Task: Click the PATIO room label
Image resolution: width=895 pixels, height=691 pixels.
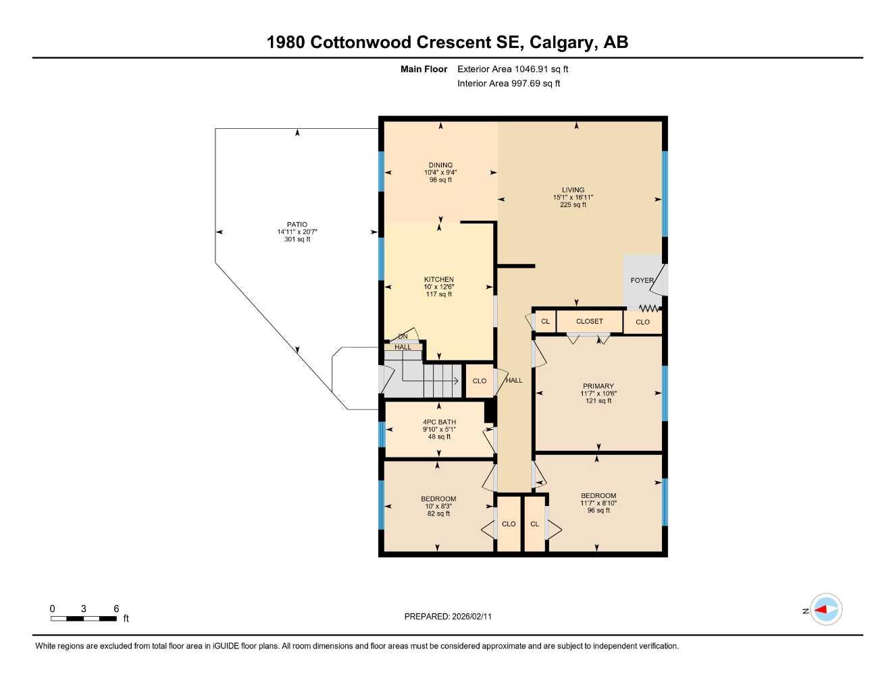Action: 297,225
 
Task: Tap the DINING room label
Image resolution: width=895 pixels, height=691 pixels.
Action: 440,165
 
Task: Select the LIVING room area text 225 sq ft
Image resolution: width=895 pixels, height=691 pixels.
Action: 573,205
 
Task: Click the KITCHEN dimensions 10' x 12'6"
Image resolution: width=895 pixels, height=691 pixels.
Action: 438,287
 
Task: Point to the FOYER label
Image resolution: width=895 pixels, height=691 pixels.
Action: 642,280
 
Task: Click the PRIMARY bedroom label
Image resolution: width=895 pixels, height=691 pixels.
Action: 598,386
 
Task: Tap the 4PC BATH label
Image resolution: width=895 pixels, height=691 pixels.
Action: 439,422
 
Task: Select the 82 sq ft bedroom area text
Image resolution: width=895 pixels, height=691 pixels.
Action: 438,514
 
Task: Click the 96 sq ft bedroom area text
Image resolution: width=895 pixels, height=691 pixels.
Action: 598,511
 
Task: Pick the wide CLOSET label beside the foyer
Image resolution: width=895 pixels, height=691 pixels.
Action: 589,321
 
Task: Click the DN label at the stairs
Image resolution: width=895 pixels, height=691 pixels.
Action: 403,336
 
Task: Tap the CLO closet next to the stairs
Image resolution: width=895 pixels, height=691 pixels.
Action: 479,381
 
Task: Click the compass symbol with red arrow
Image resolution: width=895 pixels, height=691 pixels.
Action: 825,610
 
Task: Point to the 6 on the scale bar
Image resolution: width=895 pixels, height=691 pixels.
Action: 116,609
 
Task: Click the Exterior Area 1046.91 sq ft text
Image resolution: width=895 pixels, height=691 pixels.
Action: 513,69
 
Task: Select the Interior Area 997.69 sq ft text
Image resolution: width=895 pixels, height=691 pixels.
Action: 509,84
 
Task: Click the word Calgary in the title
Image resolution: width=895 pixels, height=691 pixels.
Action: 562,42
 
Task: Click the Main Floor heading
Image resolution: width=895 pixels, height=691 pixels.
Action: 424,69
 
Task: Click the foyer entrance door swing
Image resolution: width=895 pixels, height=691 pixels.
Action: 659,280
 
